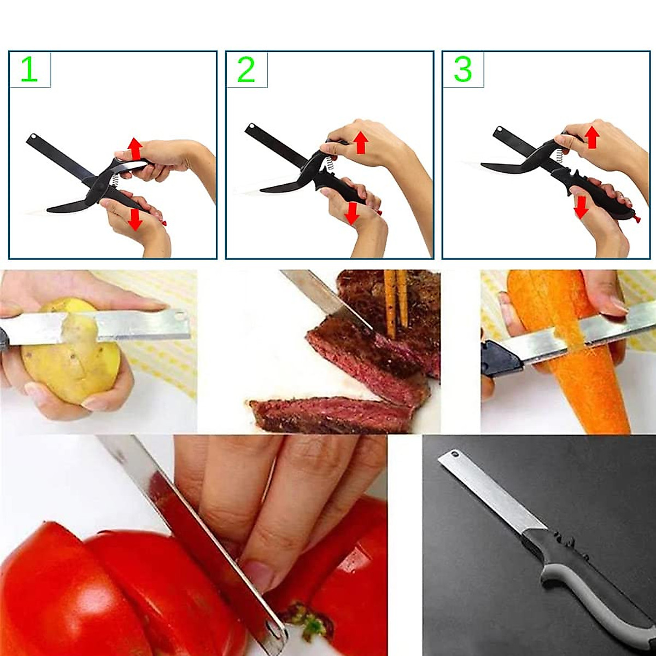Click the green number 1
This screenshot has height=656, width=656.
[29, 70]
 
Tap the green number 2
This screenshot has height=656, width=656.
[246, 70]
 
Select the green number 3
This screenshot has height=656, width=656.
[462, 70]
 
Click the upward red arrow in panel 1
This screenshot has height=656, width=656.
[135, 149]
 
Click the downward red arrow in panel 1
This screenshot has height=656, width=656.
[134, 218]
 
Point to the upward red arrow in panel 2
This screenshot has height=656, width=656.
[360, 142]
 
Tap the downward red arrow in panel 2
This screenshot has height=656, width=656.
[353, 213]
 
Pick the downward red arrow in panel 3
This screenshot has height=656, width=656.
[581, 207]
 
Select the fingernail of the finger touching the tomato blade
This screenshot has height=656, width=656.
[258, 574]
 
